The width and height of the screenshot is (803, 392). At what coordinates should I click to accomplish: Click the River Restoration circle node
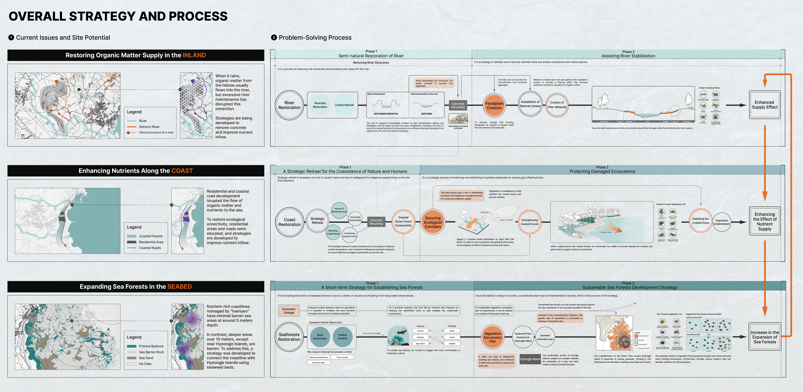point(289,105)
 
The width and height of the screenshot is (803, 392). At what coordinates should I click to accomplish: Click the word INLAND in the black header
point(194,55)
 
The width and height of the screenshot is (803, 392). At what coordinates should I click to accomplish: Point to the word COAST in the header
point(182,171)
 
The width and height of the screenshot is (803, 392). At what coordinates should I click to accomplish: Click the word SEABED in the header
point(180,287)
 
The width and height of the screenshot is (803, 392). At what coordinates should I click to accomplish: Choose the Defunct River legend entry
point(149,127)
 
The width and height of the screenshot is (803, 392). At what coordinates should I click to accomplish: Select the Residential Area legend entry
point(151,242)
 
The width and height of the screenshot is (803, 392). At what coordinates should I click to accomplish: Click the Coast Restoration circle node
point(290,222)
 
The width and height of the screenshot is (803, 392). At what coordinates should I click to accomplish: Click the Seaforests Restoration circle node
point(289,337)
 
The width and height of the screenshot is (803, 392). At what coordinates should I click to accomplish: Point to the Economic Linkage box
point(289,311)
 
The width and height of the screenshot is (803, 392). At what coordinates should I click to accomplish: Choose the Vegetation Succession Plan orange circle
point(493,337)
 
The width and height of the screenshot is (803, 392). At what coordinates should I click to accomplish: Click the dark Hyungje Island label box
point(530,359)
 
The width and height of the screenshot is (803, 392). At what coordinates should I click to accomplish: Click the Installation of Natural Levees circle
point(530,104)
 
